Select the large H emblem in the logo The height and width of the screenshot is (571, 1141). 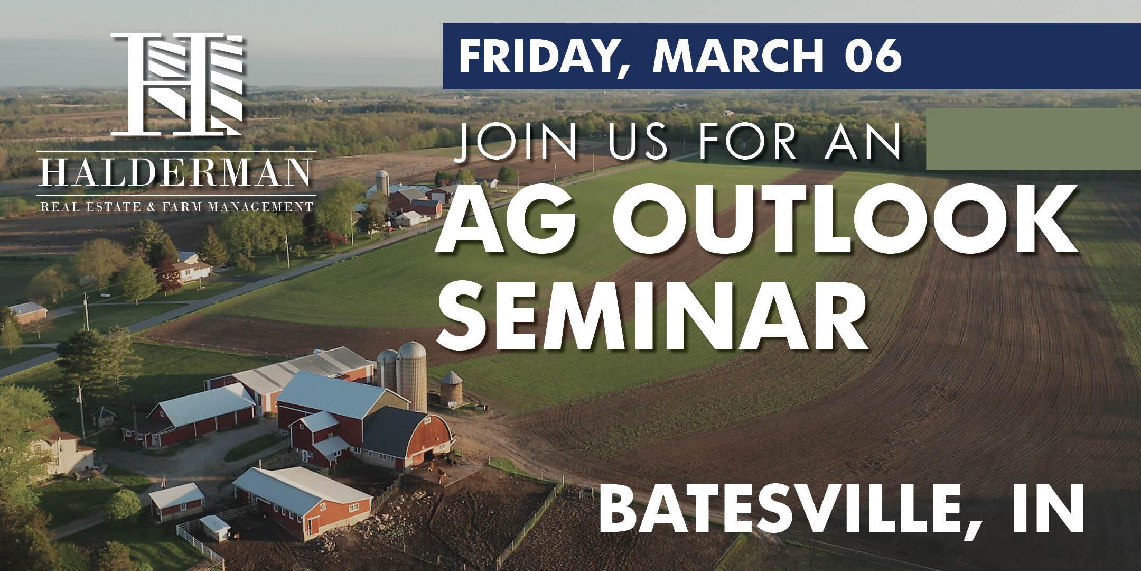[177, 84]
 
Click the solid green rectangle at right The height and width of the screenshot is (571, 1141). [1033, 139]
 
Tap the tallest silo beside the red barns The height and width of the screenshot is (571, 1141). [411, 376]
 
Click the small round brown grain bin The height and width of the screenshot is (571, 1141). [452, 389]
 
